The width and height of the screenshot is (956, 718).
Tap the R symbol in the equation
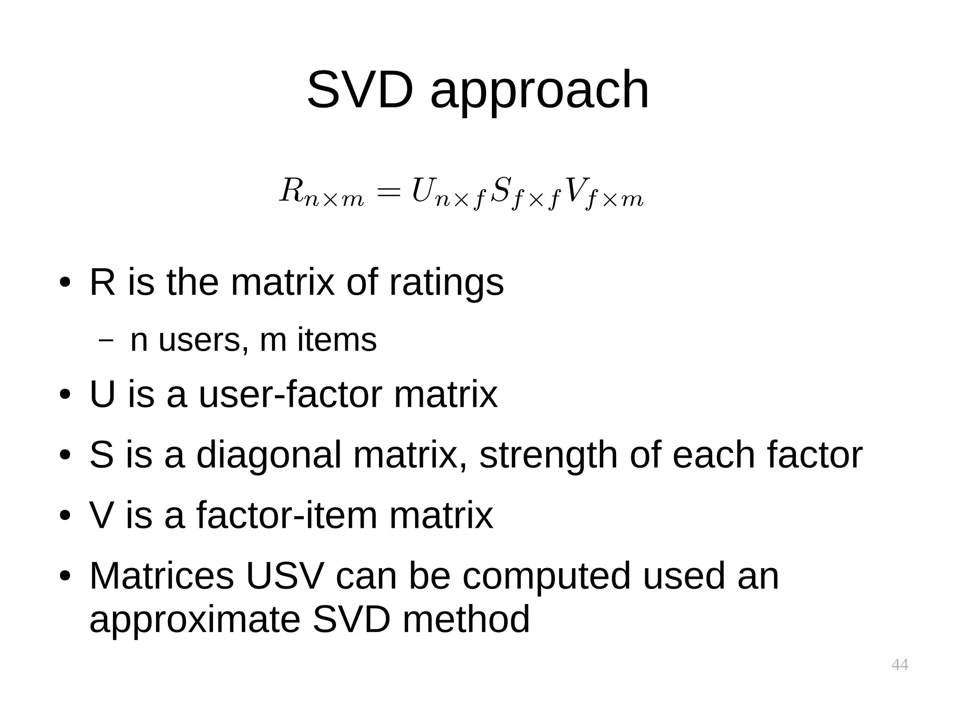point(291,191)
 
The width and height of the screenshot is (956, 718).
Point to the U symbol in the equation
point(422,191)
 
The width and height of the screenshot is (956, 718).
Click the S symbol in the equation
point(500,191)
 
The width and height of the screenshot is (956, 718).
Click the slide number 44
point(900,664)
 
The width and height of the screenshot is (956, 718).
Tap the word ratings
point(446,283)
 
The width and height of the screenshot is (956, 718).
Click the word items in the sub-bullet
point(337,340)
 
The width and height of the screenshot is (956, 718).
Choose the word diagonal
point(269,455)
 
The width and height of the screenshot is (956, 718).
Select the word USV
point(284,576)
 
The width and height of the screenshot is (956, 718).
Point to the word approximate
point(194,620)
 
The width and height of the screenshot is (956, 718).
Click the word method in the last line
point(466,619)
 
